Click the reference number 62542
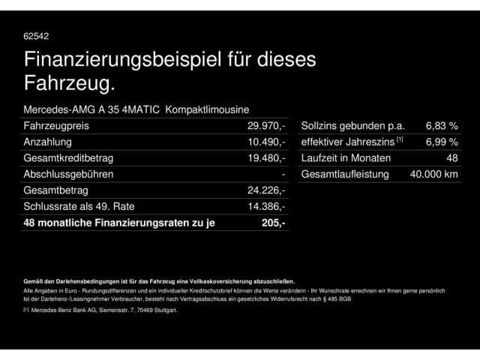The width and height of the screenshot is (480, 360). (36, 35)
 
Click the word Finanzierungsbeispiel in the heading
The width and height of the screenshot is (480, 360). (121, 59)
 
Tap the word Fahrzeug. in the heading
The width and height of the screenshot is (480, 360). (70, 82)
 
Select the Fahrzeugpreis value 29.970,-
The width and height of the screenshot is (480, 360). (267, 126)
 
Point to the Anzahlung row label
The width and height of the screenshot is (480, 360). (48, 142)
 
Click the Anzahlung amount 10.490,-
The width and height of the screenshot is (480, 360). (267, 142)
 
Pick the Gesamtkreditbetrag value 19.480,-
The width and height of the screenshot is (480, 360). (267, 158)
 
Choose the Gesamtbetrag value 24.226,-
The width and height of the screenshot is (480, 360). (267, 190)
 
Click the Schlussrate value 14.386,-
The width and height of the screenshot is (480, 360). (267, 206)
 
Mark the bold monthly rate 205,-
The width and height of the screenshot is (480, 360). (274, 223)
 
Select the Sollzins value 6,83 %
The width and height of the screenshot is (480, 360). (442, 126)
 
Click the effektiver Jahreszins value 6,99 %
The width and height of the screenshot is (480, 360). (442, 142)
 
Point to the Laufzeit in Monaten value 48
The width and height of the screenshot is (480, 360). (451, 158)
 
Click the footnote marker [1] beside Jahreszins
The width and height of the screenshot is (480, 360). (400, 139)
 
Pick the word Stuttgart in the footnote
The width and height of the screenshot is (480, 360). (163, 310)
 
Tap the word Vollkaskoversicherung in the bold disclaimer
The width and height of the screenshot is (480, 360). (223, 280)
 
